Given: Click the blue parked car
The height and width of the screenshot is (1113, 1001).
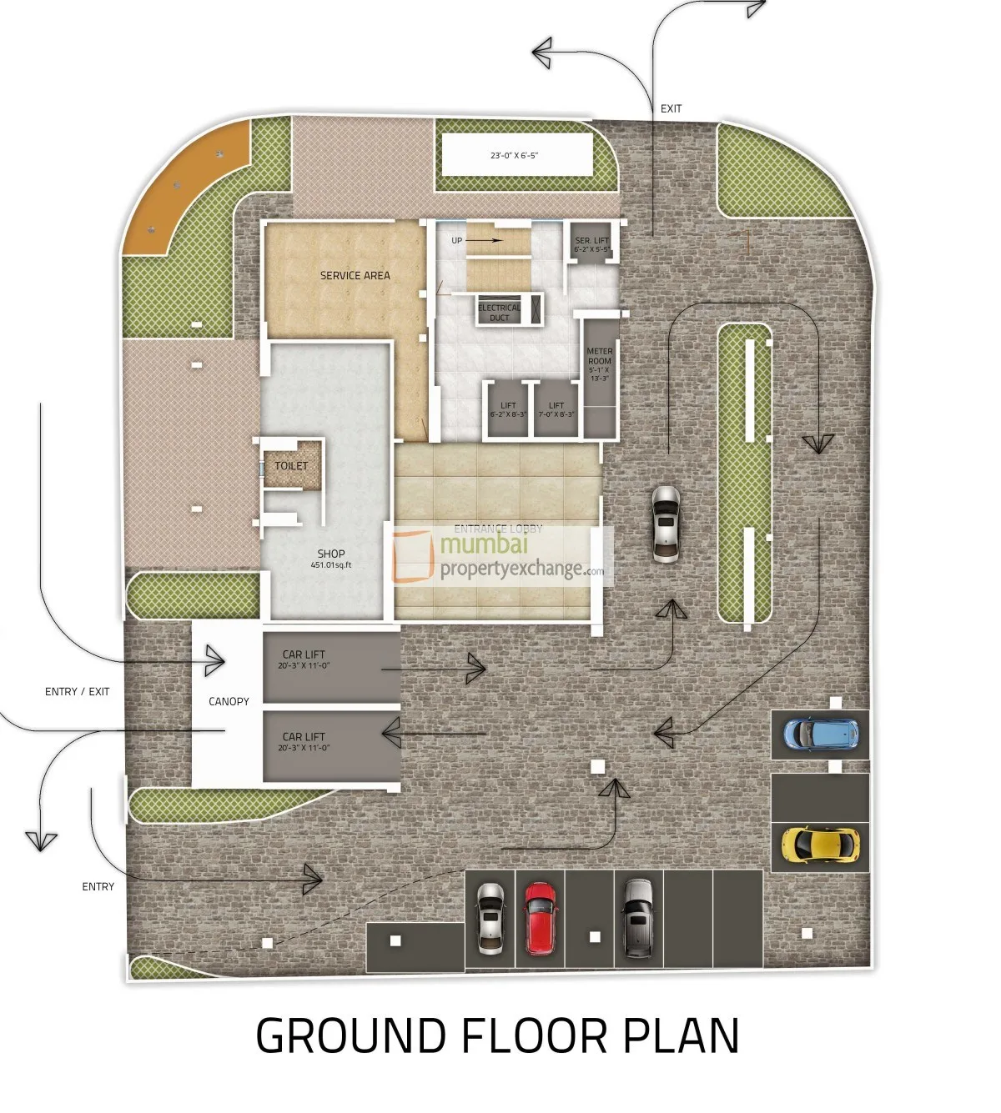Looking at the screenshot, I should point(821,733).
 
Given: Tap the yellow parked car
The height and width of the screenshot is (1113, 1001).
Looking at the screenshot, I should point(820,844).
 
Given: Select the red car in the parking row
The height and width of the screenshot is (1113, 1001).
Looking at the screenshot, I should point(540,918).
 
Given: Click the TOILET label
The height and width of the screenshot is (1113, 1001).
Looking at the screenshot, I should point(291,466).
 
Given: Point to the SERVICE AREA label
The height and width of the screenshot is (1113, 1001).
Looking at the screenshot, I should point(355,275).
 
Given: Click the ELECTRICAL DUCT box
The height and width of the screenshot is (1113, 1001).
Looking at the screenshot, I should point(500,312).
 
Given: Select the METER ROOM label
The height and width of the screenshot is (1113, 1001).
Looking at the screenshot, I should point(599,364).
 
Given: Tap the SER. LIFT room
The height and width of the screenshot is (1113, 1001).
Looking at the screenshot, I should point(592,244).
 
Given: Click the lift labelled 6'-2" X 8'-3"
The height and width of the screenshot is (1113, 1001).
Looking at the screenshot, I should point(508,409).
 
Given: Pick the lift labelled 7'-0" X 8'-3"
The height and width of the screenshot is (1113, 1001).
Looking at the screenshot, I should point(556,409).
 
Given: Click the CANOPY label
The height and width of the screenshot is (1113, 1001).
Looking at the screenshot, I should point(229,702).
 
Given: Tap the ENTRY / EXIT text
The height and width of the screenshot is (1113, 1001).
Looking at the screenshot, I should point(77,692).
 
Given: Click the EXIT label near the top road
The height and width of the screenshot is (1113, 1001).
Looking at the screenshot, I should point(671,109).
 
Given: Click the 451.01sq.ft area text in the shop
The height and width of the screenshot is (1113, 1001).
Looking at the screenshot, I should point(331,565).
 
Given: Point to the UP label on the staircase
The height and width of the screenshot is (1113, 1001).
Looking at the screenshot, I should point(457,241).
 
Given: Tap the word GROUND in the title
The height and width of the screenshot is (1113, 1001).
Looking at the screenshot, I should point(350,1036).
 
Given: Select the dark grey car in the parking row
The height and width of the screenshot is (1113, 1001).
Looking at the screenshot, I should point(638,918).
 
